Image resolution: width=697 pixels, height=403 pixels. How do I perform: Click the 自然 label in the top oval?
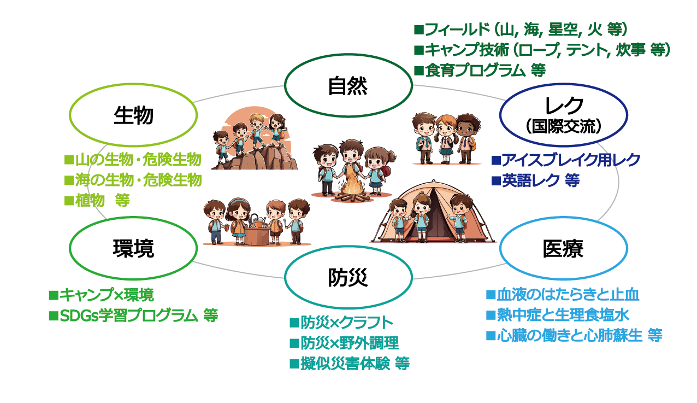348,86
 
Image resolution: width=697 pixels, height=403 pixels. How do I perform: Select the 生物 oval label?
133,115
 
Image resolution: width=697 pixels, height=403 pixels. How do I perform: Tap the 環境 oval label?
133,249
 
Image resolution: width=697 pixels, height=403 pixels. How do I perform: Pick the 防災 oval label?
348,277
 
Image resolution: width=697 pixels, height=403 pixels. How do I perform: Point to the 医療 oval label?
563,249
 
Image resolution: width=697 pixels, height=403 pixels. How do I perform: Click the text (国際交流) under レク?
564,127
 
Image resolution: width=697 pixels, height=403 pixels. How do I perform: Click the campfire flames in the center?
352,185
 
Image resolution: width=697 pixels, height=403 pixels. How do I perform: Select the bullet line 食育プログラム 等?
480,71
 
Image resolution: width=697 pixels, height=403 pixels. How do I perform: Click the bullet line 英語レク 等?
535,180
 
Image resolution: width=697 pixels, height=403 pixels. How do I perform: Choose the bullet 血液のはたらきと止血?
563,295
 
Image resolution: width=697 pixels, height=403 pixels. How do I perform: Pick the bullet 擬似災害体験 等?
350,364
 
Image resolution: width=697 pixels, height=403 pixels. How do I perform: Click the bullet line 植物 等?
97,200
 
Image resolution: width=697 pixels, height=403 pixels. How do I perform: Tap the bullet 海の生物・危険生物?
133,180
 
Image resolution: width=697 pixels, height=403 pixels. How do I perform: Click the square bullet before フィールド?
419,30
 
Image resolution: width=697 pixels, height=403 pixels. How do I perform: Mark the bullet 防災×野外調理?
344,343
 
